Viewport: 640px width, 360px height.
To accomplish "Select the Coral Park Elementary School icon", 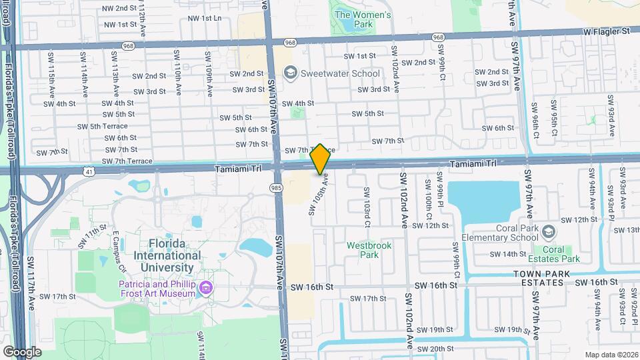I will pyautogui.click(x=548, y=232).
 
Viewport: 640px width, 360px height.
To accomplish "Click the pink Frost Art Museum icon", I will pyautogui.click(x=206, y=287).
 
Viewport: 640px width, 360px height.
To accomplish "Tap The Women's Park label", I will pyautogui.click(x=363, y=19).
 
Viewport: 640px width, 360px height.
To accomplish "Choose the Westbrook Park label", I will pyautogui.click(x=369, y=249).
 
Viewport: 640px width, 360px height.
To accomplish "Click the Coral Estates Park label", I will pyautogui.click(x=557, y=254).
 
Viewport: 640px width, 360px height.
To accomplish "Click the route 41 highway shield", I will pyautogui.click(x=89, y=171).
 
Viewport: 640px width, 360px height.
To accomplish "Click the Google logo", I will pyautogui.click(x=22, y=351).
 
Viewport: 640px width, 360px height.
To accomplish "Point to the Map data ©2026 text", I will pyautogui.click(x=611, y=354).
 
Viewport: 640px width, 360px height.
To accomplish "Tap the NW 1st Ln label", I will pyautogui.click(x=205, y=19).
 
